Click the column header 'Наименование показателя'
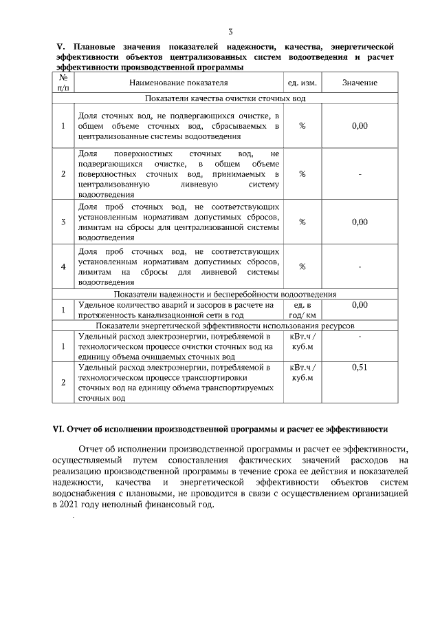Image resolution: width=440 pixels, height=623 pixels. coord(178,83)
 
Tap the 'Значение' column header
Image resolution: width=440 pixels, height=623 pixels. coord(360,83)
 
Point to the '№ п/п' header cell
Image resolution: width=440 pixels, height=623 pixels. coord(63,83)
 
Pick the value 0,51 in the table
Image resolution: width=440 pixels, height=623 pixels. coord(360,368)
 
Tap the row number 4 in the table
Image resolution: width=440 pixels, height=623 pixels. coord(63,266)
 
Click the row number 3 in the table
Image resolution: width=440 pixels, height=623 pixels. coord(63,222)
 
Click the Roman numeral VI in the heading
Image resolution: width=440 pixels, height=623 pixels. coord(58,429)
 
